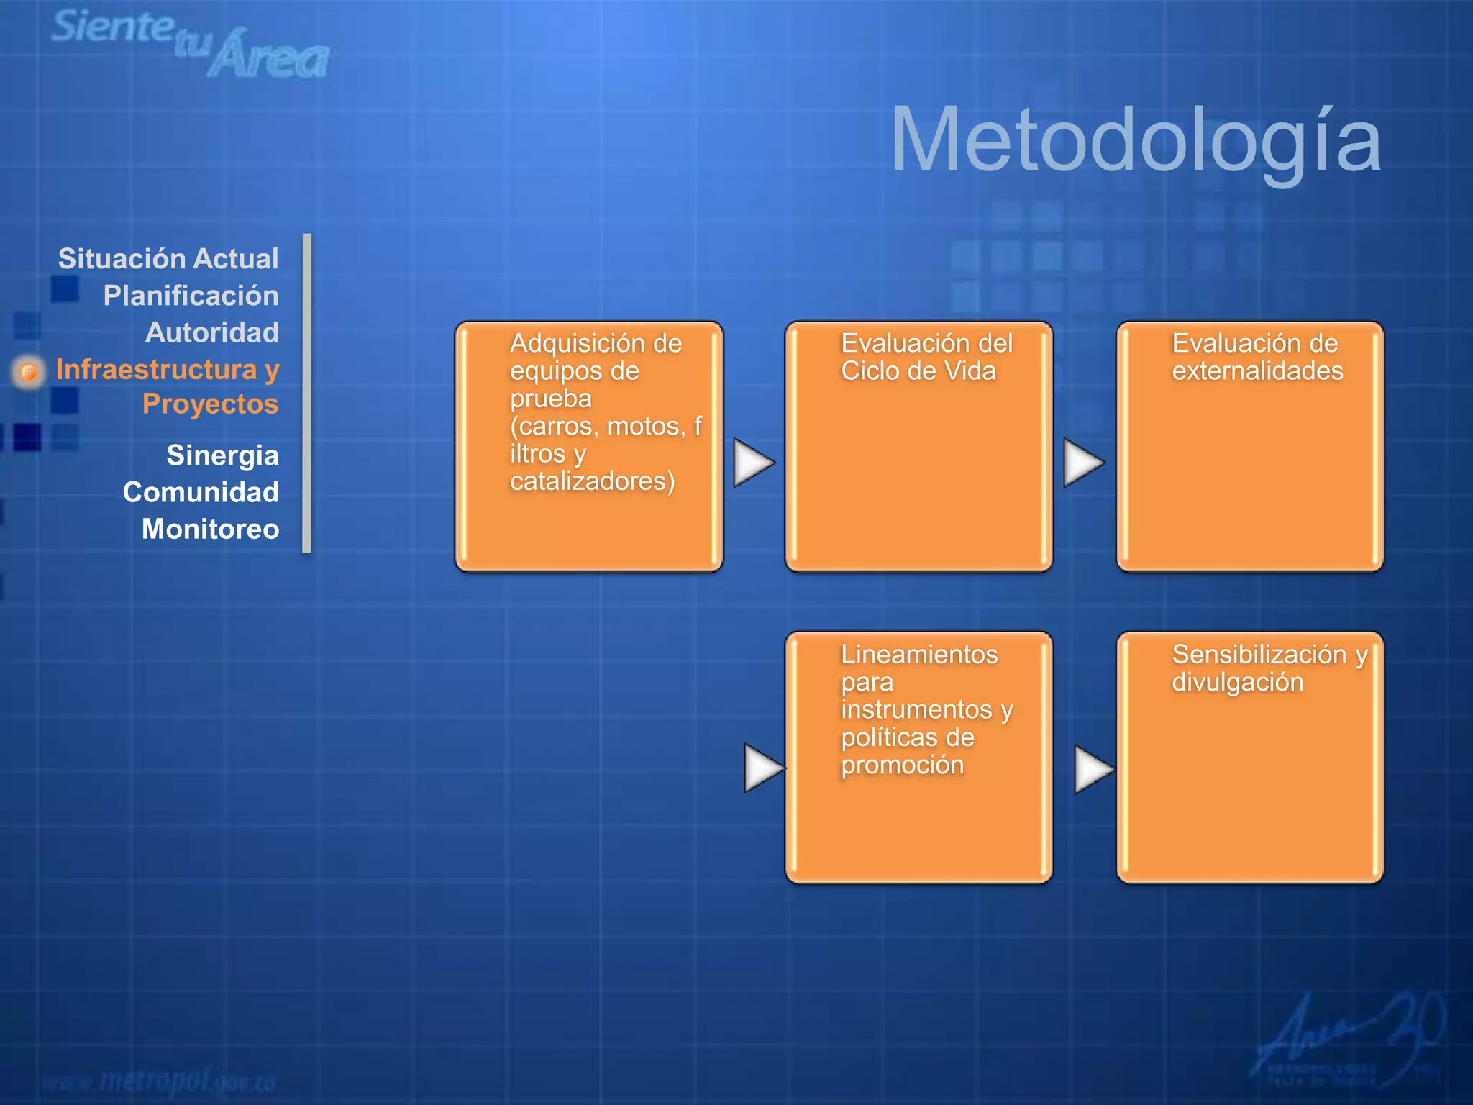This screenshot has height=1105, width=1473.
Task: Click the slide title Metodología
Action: click(1135, 140)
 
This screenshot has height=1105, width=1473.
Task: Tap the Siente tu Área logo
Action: click(191, 43)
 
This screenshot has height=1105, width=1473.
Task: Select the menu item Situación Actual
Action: click(168, 259)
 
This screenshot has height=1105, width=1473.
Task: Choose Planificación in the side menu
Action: click(191, 296)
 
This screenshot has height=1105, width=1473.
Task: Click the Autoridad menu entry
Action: click(212, 332)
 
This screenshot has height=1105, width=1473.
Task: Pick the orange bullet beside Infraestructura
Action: click(29, 372)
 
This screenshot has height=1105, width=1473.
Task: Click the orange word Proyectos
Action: click(210, 404)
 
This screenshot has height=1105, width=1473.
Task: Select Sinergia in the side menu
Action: click(222, 455)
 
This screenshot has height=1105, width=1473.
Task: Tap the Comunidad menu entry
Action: click(201, 492)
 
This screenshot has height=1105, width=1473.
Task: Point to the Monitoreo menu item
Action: click(210, 529)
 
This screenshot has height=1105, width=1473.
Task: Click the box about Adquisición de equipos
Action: click(589, 447)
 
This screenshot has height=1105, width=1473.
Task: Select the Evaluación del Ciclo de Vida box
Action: click(918, 447)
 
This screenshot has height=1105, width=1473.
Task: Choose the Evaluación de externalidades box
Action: click(1250, 447)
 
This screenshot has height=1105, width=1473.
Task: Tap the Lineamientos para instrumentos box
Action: click(918, 758)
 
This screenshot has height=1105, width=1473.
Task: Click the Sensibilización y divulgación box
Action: click(1250, 758)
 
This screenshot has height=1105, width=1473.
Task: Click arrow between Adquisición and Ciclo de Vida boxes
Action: click(752, 463)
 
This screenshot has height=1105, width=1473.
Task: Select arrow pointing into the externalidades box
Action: click(1083, 463)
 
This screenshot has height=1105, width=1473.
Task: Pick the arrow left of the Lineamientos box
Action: click(762, 768)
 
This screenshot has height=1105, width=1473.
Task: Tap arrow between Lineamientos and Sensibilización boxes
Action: click(1093, 769)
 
